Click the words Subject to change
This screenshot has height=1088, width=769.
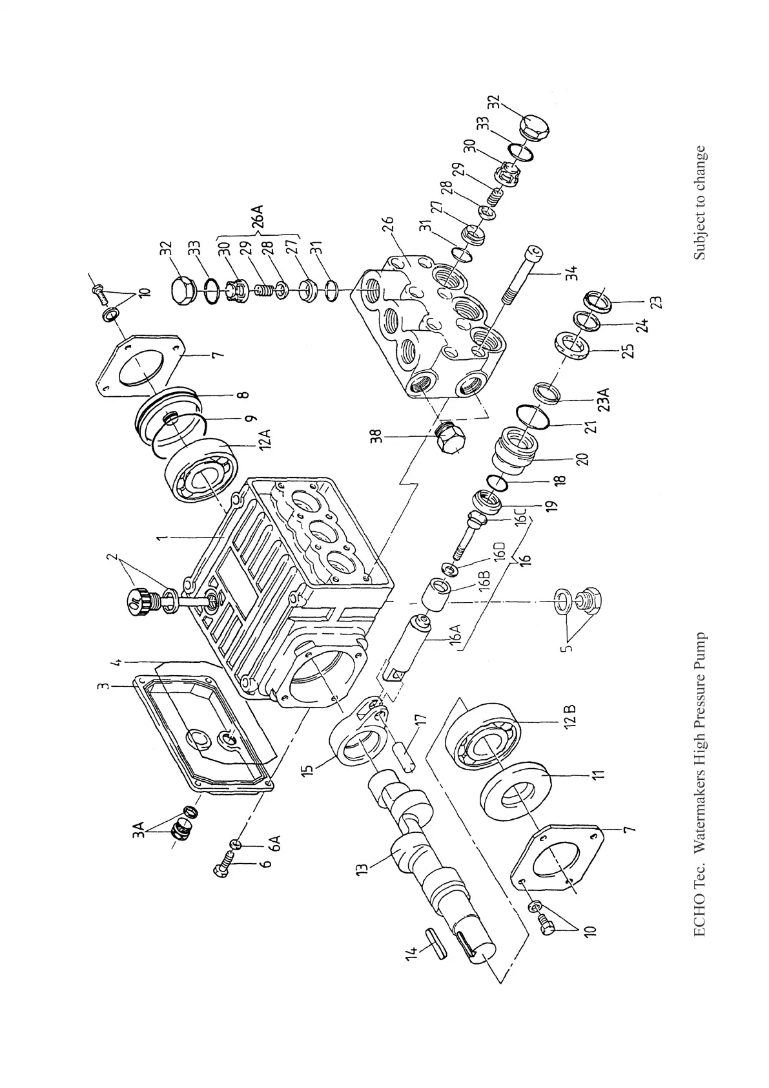[701, 204]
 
